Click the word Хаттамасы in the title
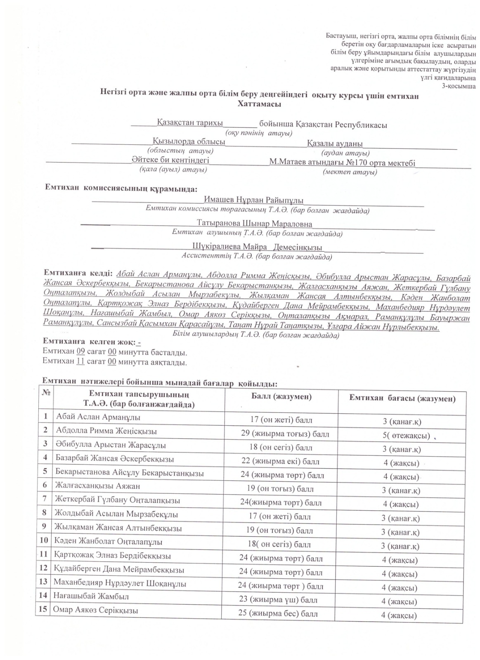pos(259,104)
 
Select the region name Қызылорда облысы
pos(189,141)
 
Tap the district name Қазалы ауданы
pos(335,144)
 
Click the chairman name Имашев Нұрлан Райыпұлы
pos(253,200)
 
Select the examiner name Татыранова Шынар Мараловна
pos(254,224)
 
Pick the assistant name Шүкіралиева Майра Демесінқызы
pos(257,247)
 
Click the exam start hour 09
pos(81,353)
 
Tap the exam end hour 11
pos(81,362)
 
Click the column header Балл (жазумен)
pos(281,397)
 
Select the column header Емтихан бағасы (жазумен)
pos(402,398)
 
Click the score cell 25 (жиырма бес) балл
pos(278,613)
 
